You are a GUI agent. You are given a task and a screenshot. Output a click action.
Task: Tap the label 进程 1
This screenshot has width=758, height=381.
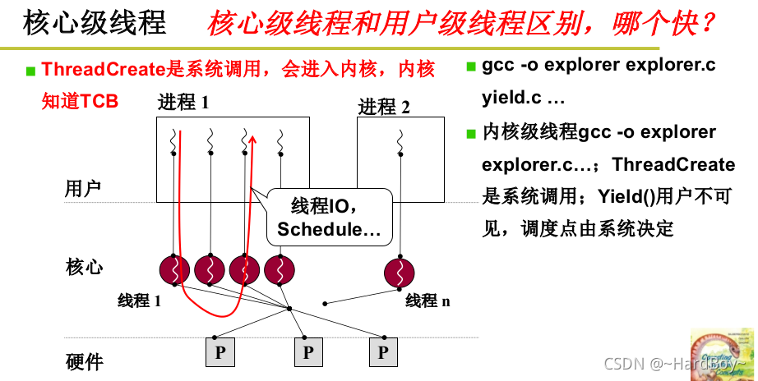[183, 103]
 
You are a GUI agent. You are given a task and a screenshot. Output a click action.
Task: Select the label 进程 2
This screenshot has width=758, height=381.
[384, 107]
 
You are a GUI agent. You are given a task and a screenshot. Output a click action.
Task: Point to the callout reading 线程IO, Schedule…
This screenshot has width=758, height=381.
[329, 217]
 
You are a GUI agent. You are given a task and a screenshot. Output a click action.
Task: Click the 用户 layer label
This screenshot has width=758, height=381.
[82, 189]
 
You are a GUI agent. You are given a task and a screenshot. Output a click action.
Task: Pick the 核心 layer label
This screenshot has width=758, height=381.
[82, 267]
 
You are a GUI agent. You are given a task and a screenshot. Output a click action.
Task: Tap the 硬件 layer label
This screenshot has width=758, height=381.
[82, 361]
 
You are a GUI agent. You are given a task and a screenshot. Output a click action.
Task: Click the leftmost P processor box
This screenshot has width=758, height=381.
[220, 352]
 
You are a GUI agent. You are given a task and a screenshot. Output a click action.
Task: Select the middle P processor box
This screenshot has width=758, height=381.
[307, 352]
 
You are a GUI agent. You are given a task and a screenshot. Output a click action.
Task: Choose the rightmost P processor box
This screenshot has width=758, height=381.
[382, 352]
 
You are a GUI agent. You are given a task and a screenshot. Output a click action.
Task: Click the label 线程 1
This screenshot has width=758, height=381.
[139, 301]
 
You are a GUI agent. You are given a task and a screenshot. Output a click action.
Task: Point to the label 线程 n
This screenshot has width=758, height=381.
[428, 301]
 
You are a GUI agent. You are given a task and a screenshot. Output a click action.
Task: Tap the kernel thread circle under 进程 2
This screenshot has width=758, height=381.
[400, 269]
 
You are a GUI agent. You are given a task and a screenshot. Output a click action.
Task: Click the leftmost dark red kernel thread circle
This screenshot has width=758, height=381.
[173, 269]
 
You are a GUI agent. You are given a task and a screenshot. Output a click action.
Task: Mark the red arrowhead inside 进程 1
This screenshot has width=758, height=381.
[253, 141]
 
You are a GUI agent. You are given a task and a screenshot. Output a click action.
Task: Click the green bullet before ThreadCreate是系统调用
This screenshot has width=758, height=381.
[30, 71]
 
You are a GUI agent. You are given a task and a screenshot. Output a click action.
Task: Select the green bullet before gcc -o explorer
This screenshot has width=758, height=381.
[470, 66]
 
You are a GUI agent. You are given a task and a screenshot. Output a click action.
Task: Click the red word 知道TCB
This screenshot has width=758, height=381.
[80, 101]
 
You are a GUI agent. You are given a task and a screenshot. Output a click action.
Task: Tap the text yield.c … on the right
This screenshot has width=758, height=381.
[523, 99]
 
